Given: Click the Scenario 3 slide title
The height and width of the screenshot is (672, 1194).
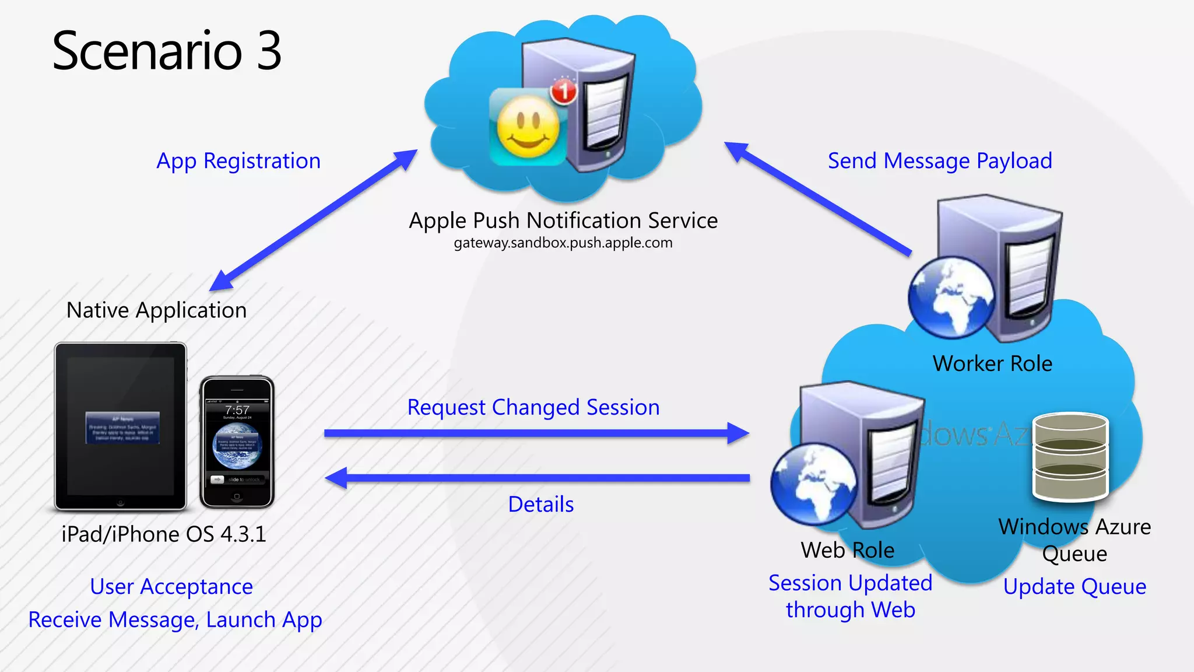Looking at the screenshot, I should (167, 51).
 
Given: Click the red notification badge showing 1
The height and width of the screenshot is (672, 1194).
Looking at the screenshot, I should (563, 91).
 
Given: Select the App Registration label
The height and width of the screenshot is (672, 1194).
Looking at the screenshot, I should (238, 160).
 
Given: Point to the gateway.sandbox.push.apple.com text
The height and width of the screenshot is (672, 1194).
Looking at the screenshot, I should (563, 243).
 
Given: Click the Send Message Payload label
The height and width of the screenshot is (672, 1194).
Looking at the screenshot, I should (940, 160).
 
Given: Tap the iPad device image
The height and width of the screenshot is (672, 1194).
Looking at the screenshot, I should (121, 426).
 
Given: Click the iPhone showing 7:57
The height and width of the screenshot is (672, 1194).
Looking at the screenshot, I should (237, 442).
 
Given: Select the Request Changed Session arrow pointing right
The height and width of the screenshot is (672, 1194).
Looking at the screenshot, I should (536, 433).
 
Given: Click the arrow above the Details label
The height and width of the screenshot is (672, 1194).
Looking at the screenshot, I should (536, 478).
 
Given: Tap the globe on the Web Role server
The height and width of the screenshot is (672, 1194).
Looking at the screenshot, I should (814, 484).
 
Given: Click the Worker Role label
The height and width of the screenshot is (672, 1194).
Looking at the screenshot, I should (992, 363).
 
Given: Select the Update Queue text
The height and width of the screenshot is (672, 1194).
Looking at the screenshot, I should (1074, 586).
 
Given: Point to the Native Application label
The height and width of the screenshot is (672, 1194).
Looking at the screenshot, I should (156, 310).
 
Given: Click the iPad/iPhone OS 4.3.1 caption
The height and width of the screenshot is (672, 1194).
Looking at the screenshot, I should (164, 534).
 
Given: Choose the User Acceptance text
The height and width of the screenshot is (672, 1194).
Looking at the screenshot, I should (171, 586).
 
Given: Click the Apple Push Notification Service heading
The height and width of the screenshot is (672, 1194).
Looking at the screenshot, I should (563, 220).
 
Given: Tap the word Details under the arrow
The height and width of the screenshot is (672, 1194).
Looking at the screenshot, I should (540, 504).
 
